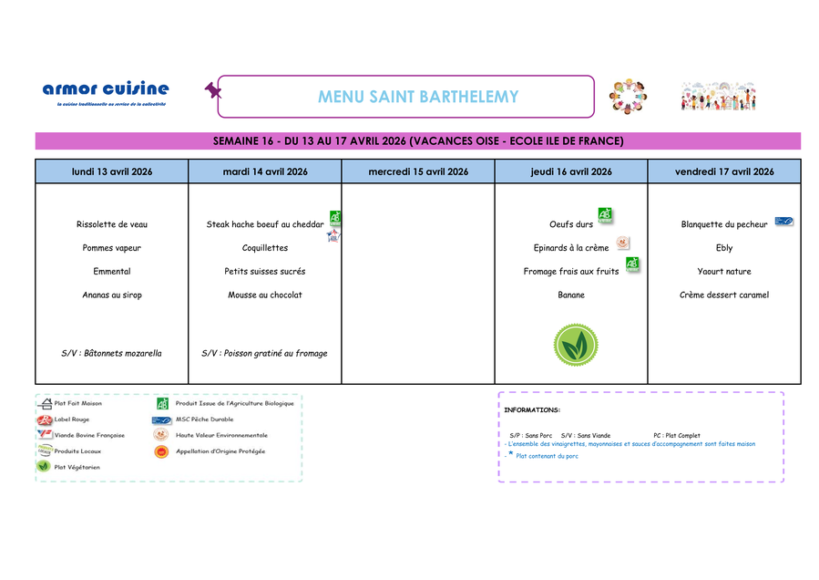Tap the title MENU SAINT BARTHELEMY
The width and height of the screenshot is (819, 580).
click(418, 97)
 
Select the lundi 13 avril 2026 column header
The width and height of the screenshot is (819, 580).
click(112, 171)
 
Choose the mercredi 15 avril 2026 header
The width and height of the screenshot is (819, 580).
click(418, 171)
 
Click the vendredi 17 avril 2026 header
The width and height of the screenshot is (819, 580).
click(724, 171)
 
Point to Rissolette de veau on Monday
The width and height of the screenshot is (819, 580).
click(112, 224)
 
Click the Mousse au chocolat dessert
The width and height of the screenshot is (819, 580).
click(265, 295)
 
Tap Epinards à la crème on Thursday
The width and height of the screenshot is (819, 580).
click(571, 248)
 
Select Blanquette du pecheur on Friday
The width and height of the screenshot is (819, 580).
click(724, 224)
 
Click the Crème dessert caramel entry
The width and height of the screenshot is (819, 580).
click(724, 295)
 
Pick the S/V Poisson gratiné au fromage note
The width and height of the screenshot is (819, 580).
click(264, 353)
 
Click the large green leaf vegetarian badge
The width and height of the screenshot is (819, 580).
click(576, 346)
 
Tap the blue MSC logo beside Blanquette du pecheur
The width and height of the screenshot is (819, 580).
click(783, 221)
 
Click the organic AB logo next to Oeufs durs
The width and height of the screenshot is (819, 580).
click(605, 215)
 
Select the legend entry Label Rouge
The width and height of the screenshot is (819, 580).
click(72, 419)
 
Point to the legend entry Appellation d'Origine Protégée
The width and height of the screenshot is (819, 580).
click(220, 451)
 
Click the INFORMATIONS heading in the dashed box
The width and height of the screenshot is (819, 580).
click(532, 410)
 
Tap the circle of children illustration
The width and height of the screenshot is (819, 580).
click(629, 96)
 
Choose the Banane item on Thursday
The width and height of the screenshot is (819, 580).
click(571, 295)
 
